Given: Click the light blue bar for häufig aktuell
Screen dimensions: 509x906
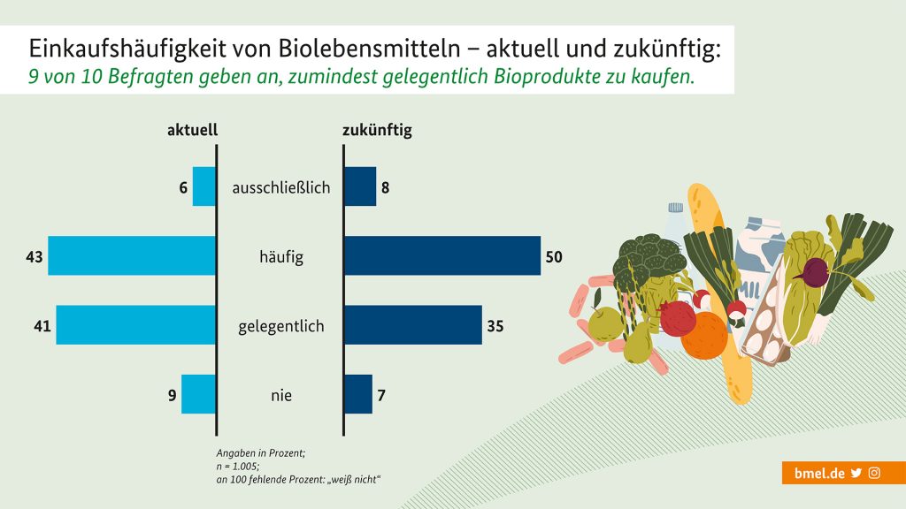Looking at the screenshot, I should [x=132, y=256].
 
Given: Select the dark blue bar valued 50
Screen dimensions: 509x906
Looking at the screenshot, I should [x=441, y=256].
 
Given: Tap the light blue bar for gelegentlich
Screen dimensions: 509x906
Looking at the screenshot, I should [x=136, y=325].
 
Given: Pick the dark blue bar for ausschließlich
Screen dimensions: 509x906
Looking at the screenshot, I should [x=360, y=186].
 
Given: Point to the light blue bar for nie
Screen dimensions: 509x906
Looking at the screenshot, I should [x=198, y=394].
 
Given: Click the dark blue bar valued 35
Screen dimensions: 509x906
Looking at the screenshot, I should [x=412, y=325].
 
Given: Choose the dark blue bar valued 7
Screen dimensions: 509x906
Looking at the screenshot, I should [x=358, y=394].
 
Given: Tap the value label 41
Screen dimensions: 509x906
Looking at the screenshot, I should [x=43, y=326].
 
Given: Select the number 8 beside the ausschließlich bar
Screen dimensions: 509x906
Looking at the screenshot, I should [x=386, y=187].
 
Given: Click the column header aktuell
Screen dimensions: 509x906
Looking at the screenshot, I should [x=192, y=130].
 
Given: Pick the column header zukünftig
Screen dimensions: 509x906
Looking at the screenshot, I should [x=377, y=130].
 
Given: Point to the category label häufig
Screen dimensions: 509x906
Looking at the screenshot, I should [x=280, y=257].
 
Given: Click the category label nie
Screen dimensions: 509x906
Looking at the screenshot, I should [x=280, y=395].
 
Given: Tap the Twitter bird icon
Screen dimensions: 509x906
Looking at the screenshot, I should [x=856, y=473].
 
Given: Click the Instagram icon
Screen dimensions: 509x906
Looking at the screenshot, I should [x=874, y=473].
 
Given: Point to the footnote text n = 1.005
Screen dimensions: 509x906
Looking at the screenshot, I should [x=239, y=466].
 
